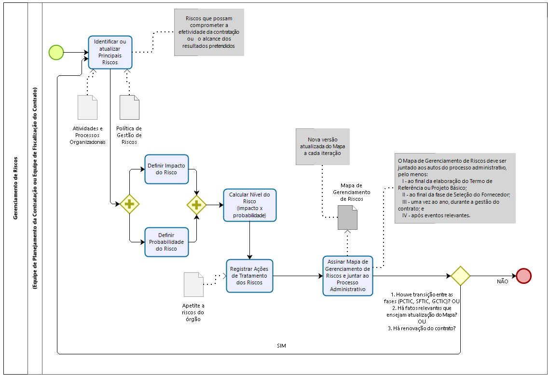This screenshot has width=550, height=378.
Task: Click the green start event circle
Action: coord(56,52)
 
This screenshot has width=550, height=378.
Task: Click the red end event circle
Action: coord(523,276)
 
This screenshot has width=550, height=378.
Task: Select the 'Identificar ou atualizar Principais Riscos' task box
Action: coord(110,52)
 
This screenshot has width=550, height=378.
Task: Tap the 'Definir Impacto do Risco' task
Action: coord(166,169)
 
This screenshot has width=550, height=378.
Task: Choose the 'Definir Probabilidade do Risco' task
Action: coord(166,241)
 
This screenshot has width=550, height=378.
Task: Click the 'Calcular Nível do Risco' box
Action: coord(249,205)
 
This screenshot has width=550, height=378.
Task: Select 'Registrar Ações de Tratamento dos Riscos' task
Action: coord(249,276)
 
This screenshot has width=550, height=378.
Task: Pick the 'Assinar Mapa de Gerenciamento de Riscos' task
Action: coord(347,276)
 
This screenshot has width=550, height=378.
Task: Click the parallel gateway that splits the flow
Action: coord(129,204)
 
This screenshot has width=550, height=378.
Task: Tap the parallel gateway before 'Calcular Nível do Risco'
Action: coord(196,205)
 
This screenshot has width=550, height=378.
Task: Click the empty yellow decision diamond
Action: coord(460,276)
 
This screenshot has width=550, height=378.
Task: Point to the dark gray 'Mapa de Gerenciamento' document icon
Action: coord(347,217)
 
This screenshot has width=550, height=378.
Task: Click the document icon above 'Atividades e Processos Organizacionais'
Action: coord(87,107)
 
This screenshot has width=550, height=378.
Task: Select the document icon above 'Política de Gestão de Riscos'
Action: coord(129,107)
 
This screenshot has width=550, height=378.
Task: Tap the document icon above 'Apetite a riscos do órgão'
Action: coord(193,284)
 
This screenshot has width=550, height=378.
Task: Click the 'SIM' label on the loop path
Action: coord(282,346)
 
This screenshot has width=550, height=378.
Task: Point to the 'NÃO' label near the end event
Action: coord(502,281)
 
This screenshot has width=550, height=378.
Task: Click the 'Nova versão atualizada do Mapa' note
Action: coord(322,146)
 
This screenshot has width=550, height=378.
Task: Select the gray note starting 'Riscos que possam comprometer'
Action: coord(209,32)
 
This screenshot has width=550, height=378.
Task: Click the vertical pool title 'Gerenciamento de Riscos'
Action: coord(16,188)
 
